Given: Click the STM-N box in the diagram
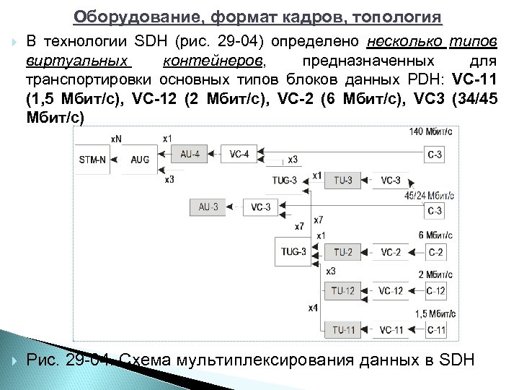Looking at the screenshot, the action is (x=92, y=160).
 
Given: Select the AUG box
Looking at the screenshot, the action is (x=140, y=160).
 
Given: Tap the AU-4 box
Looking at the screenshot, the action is (x=190, y=153).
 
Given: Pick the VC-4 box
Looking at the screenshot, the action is (x=239, y=153).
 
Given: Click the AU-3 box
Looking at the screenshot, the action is (x=208, y=207).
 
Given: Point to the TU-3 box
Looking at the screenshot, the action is (x=342, y=180).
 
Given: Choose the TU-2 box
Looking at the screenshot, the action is (x=343, y=252).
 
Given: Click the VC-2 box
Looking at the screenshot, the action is (x=390, y=252).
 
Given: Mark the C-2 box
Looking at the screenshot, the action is (x=435, y=252).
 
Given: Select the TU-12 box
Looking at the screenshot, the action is (x=343, y=290).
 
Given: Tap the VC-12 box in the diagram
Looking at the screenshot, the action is (x=390, y=290).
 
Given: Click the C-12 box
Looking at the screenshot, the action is (x=435, y=290).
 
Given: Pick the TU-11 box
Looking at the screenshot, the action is (x=343, y=329).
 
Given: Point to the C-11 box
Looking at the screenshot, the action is (x=435, y=329).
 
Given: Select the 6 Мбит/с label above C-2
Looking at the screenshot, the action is (x=435, y=235).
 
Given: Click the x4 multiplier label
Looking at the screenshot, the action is (x=312, y=308).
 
